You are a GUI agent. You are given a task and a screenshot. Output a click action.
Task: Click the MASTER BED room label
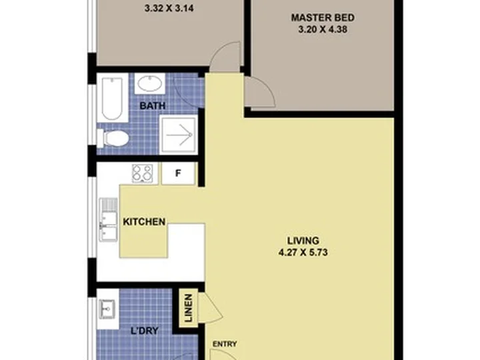pyautogui.click(x=323, y=18)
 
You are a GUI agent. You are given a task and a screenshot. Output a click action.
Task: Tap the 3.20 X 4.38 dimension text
pyautogui.click(x=323, y=30)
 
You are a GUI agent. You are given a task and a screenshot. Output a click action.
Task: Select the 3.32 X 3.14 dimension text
pyautogui.click(x=169, y=8)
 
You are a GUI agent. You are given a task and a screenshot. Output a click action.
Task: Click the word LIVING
pyautogui.click(x=303, y=241)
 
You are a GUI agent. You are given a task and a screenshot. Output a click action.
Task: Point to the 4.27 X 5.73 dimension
pyautogui.click(x=303, y=253)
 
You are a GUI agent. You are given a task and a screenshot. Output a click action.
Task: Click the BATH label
pyautogui.click(x=153, y=106)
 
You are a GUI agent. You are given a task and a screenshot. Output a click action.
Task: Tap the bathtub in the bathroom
pyautogui.click(x=113, y=98)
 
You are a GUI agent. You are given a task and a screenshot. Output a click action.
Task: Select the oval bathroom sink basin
pyautogui.click(x=150, y=83)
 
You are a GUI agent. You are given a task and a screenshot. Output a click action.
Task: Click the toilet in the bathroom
pyautogui.click(x=113, y=138)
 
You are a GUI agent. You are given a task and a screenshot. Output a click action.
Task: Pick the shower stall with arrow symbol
pyautogui.click(x=179, y=135)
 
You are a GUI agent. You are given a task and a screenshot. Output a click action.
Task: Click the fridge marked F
pyautogui.click(x=178, y=173)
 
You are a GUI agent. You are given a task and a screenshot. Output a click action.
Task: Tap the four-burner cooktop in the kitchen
pyautogui.click(x=143, y=173)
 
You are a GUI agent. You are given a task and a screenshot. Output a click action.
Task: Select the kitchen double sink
pyautogui.click(x=108, y=219)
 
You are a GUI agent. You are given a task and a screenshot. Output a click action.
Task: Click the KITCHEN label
pyautogui.click(x=144, y=221)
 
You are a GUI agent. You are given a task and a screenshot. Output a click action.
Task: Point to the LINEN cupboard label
pyautogui.click(x=189, y=308)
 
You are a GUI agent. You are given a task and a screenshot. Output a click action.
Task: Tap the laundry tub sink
pyautogui.click(x=108, y=309)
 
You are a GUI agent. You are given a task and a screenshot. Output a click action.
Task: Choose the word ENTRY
pyautogui.click(x=225, y=344)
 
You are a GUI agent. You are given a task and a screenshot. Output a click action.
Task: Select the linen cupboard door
pyautogui.click(x=210, y=308)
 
